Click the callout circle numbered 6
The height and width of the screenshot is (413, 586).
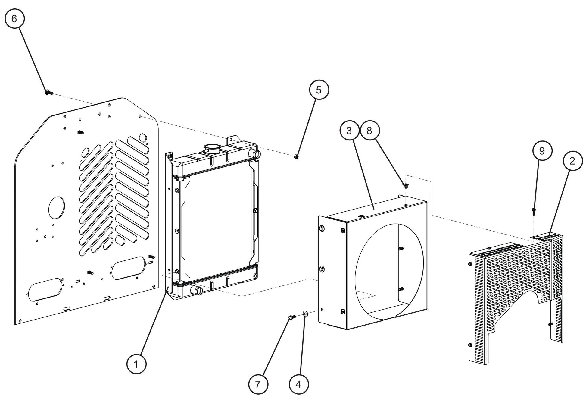[x=14, y=19]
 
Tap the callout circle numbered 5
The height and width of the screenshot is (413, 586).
[x=319, y=90]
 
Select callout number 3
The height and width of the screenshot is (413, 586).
[x=349, y=131]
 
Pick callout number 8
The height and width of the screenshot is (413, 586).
[x=369, y=131]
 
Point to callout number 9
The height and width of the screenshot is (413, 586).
[x=542, y=151]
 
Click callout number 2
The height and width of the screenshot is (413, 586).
[x=572, y=161]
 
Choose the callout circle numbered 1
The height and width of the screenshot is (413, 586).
[x=136, y=364]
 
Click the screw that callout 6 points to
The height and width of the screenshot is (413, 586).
[x=49, y=93]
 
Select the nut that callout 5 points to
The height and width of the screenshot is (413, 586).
[x=296, y=157]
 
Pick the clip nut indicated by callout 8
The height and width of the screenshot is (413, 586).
[x=405, y=186]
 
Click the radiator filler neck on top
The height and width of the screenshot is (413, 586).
[x=213, y=148]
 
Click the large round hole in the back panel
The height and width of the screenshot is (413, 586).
[x=56, y=208]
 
